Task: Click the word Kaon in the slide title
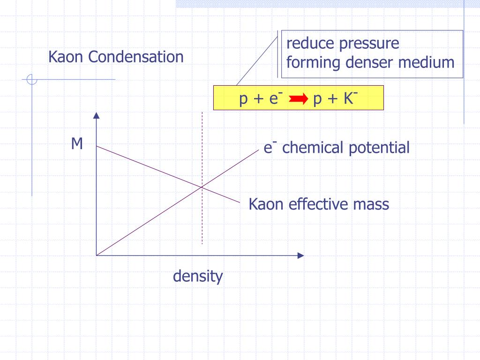[65, 57]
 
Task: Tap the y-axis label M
[77, 144]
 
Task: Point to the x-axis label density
[198, 276]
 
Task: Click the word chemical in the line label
[313, 148]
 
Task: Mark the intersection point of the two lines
[202, 187]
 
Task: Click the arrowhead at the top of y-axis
[96, 116]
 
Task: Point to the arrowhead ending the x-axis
[300, 255]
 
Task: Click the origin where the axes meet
[96, 255]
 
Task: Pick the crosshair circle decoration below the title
[32, 80]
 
